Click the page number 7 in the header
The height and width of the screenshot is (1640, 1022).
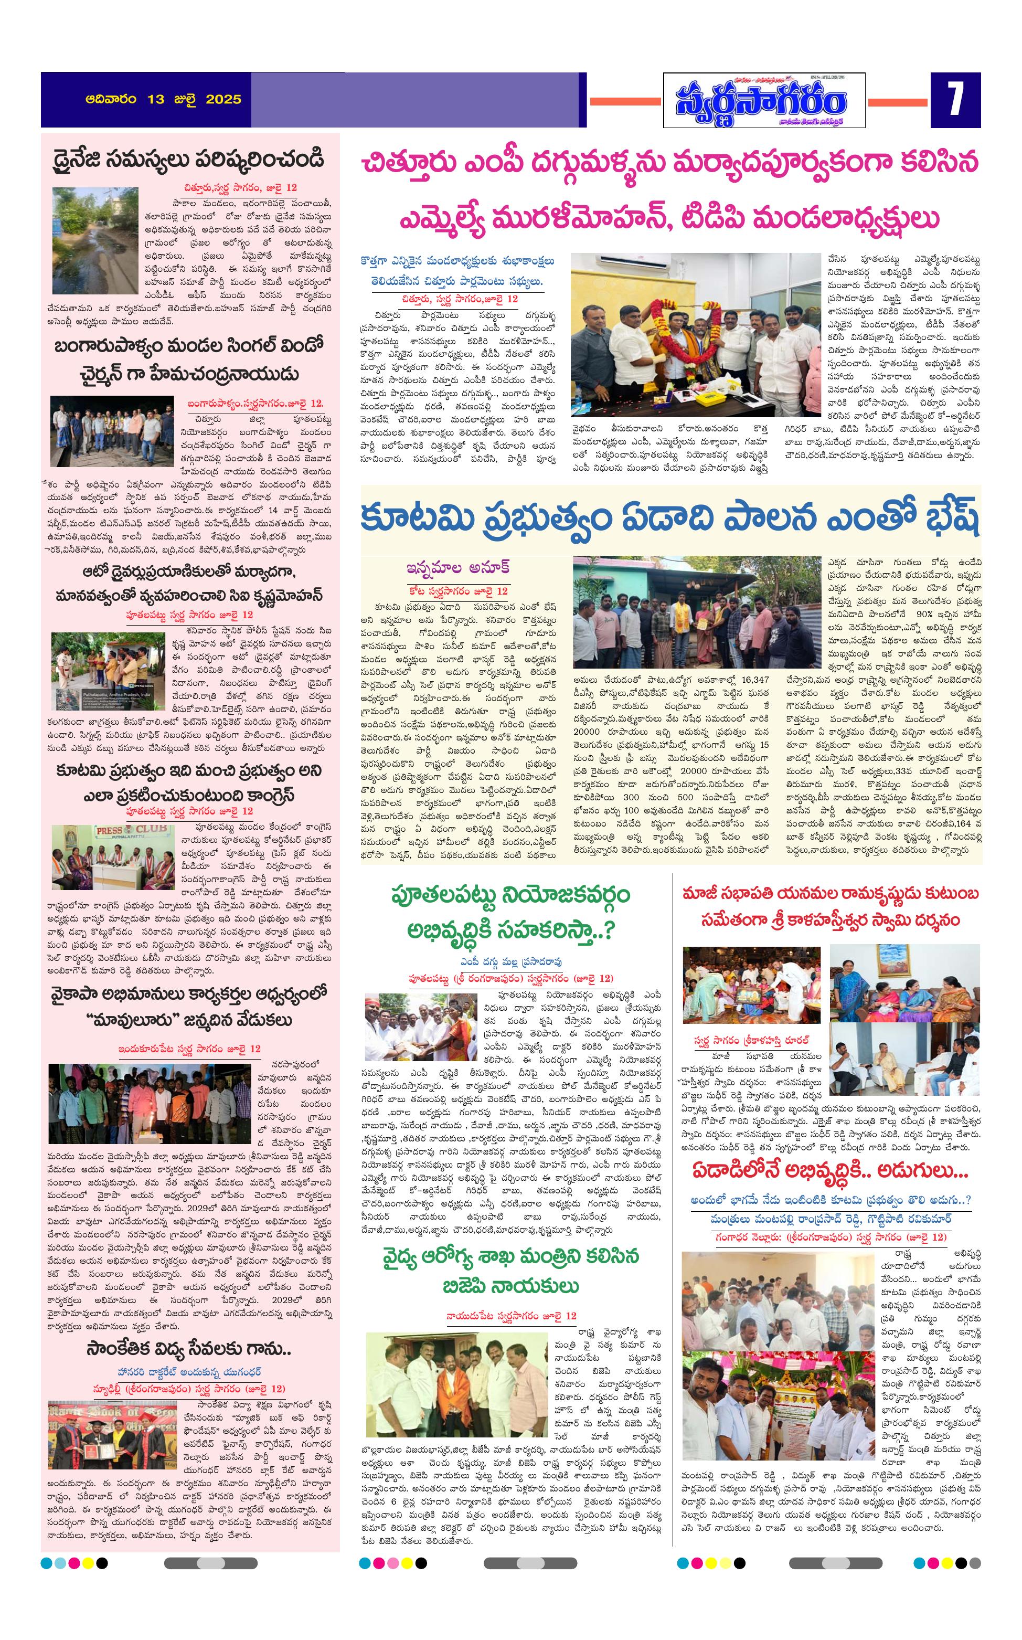(954, 100)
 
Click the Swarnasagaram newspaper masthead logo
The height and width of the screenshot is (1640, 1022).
(763, 101)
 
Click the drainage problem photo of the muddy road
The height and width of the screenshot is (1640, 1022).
(95, 241)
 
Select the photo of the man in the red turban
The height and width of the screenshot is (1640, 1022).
(419, 1026)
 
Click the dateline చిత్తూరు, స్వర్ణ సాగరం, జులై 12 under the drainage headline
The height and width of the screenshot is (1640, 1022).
(240, 187)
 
